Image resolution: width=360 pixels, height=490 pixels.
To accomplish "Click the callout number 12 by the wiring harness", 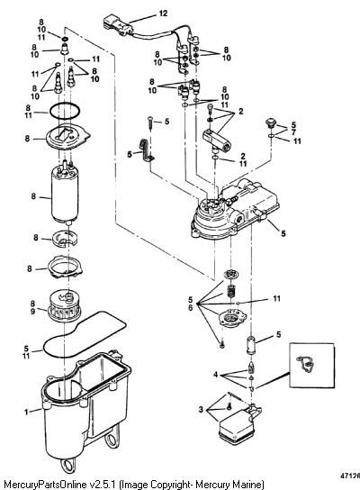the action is coord(163,14).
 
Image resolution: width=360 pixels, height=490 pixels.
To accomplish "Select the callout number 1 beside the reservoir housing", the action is coord(26,412).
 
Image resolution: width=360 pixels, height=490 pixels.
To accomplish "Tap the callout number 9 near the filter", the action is coord(32,312).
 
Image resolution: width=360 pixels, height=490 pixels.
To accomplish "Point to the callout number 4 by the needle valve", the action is coord(215,375).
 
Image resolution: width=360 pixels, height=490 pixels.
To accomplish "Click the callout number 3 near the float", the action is coord(201,409).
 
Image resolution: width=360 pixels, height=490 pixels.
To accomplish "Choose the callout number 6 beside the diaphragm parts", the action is coord(191,307).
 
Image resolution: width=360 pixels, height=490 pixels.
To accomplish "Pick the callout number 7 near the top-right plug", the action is coord(292,133).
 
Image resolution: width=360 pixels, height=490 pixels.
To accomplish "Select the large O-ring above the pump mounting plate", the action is coord(65,112).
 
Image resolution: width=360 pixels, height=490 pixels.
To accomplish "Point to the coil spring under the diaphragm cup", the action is coord(230,292).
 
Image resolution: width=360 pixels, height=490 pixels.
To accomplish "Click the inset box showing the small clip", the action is coord(312,365).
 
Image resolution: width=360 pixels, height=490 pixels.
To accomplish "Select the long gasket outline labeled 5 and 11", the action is coord(85,336).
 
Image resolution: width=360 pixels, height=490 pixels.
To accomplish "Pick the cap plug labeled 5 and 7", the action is coord(270,122).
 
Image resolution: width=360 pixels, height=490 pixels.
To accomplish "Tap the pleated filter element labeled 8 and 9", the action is coord(65,304).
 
